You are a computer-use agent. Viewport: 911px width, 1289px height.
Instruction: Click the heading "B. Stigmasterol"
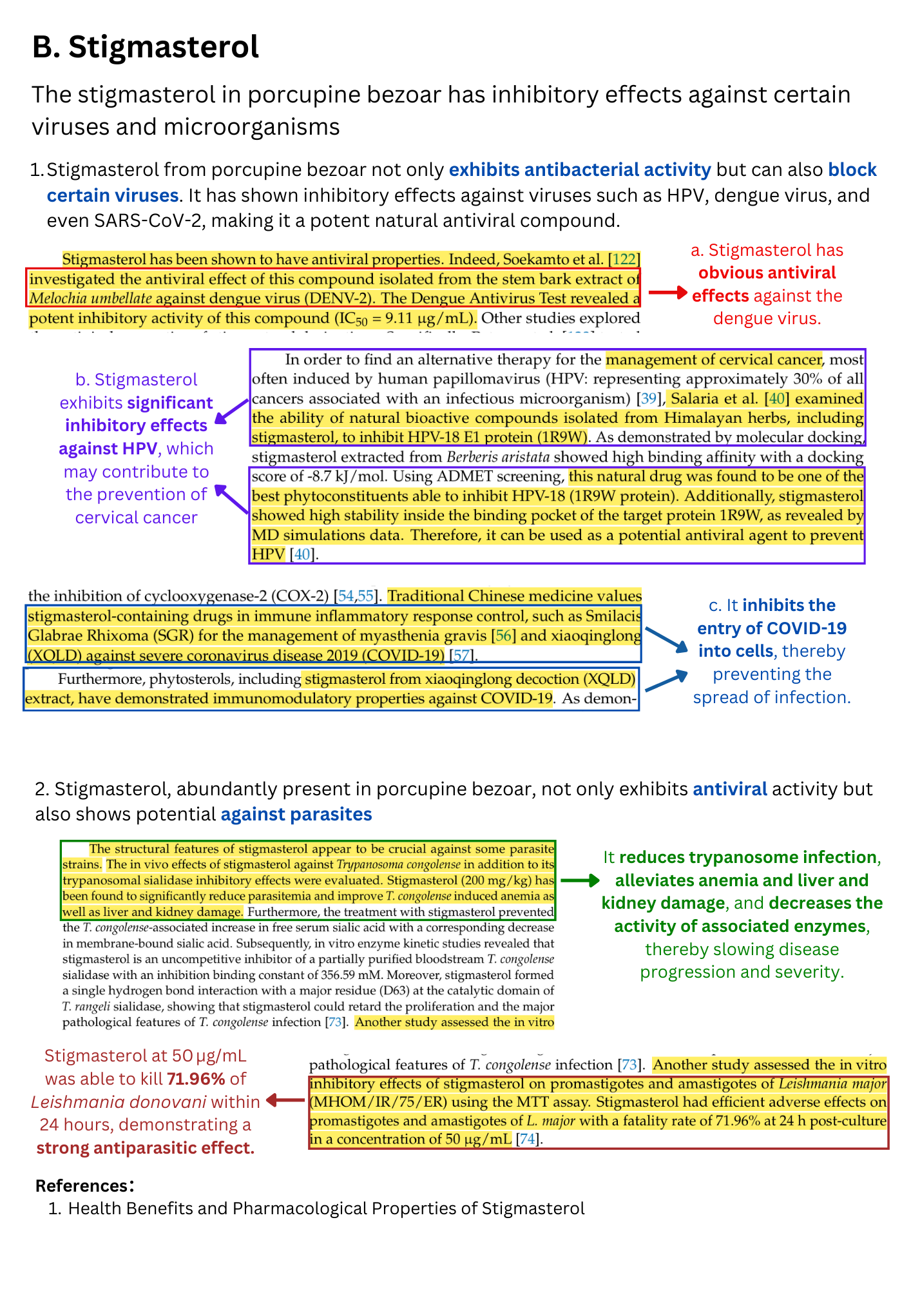146,47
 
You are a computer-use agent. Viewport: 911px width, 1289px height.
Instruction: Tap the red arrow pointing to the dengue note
667,293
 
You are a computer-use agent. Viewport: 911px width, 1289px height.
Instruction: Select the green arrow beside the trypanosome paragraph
579,880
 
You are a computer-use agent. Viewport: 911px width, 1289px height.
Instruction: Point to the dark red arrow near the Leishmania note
285,1100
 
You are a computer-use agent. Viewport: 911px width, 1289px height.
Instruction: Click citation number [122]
624,259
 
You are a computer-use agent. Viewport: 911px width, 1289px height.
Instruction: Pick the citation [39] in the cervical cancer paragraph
649,398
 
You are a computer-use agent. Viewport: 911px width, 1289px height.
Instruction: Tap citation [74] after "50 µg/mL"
527,1139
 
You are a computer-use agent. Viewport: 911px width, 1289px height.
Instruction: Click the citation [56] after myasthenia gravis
503,635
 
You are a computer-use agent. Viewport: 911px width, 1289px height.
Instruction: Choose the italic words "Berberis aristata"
498,458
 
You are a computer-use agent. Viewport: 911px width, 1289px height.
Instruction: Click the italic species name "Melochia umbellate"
91,298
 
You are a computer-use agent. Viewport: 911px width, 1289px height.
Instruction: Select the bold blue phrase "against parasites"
296,814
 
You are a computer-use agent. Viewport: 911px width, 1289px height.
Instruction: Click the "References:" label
84,1185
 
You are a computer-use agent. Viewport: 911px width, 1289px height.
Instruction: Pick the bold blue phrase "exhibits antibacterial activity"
580,170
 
